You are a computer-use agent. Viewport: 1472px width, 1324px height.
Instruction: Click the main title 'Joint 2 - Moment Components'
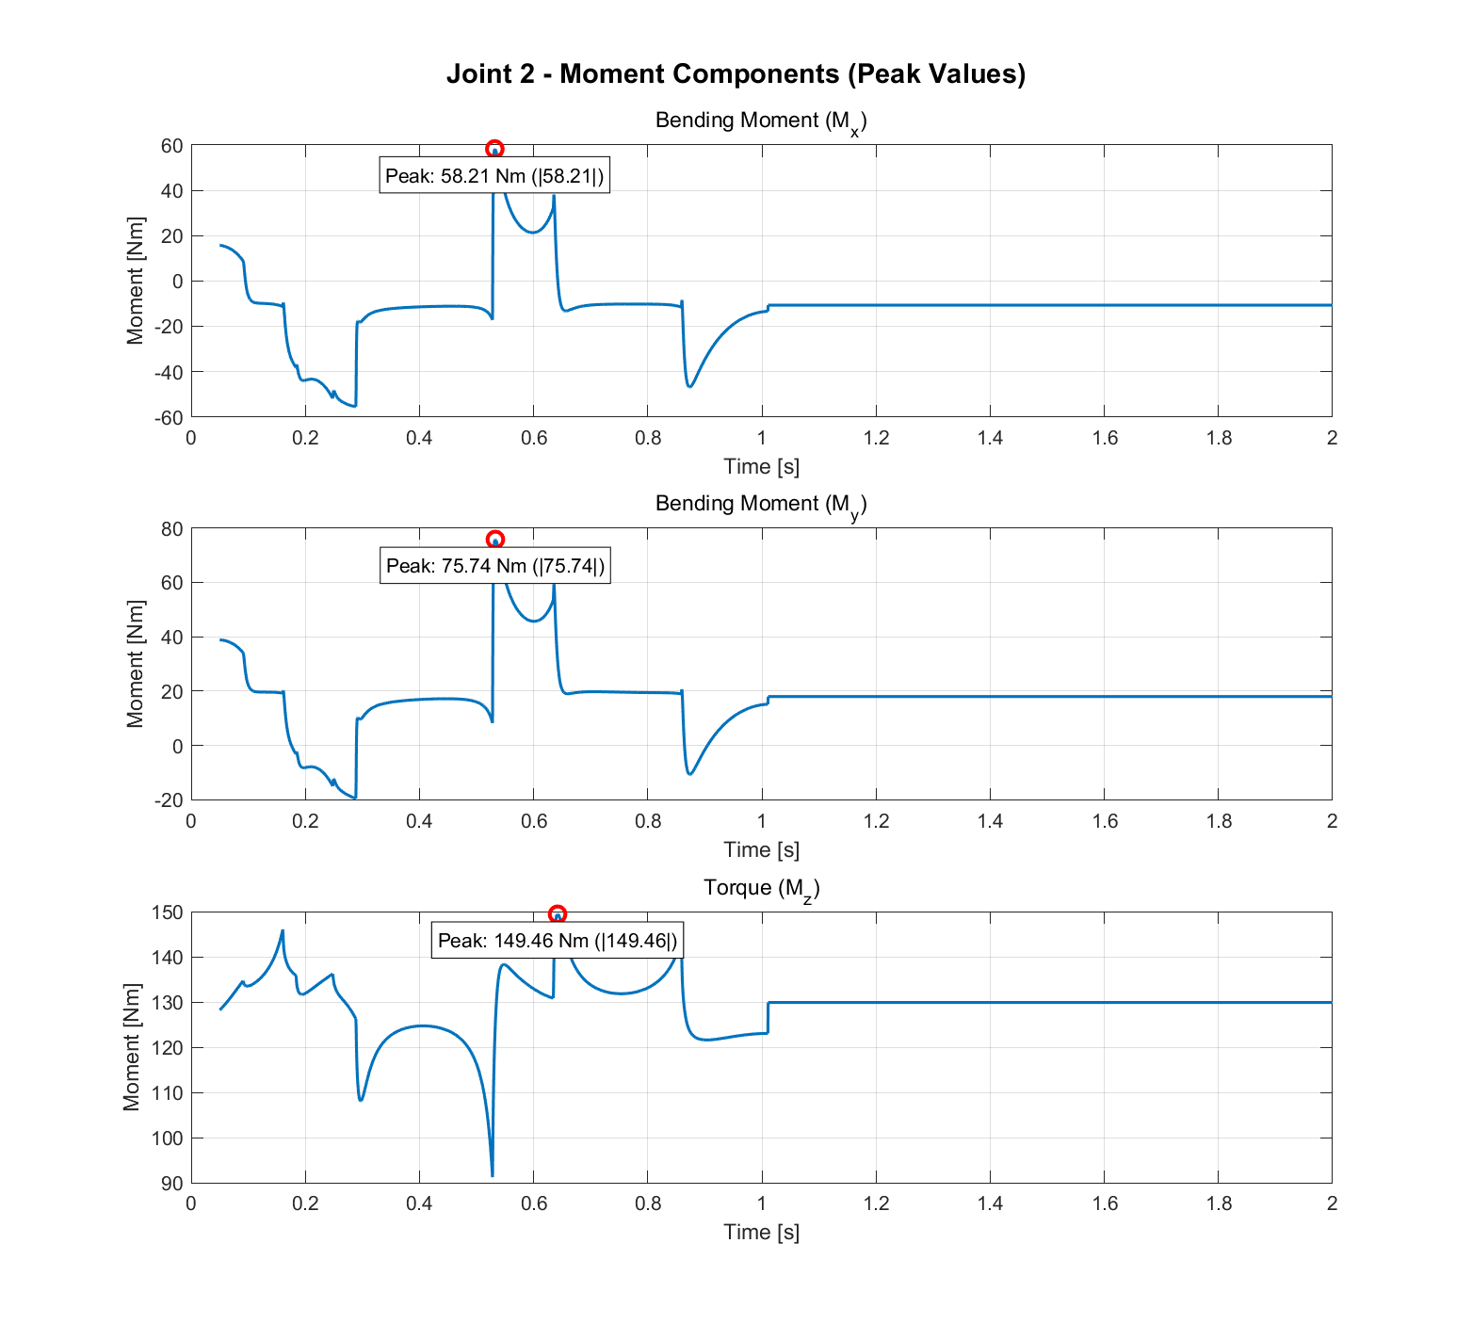click(736, 73)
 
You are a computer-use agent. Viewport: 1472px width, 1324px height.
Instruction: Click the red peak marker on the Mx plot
click(494, 149)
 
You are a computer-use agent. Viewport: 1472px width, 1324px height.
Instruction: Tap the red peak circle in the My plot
click(495, 540)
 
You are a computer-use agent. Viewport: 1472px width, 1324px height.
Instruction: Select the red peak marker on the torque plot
click(558, 914)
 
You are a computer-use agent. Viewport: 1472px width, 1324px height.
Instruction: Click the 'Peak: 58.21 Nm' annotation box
click(494, 176)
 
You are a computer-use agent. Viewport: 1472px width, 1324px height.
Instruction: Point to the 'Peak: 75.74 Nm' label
click(495, 566)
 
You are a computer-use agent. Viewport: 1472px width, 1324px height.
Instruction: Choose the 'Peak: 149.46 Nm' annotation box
click(557, 941)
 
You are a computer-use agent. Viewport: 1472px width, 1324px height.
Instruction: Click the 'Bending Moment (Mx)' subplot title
click(761, 121)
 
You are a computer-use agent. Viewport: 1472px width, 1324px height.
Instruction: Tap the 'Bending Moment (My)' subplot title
click(761, 505)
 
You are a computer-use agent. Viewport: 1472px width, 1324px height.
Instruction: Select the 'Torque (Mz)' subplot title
click(761, 889)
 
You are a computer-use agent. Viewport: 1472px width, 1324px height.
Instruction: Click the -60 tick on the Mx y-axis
click(170, 417)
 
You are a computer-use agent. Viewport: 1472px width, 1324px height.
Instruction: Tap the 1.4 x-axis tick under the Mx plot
click(990, 438)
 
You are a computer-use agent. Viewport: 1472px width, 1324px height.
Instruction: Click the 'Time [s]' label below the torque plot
click(761, 1233)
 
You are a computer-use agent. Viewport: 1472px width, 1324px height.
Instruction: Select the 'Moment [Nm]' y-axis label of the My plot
click(135, 664)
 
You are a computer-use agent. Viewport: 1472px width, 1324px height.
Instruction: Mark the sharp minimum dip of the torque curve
click(493, 1173)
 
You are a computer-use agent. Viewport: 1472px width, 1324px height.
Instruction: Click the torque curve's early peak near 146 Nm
click(283, 931)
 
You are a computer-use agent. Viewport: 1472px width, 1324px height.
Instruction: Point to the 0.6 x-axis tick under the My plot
click(534, 821)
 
